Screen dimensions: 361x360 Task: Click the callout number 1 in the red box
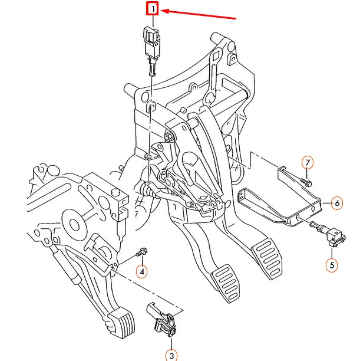point(153,9)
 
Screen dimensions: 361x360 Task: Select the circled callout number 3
point(171,355)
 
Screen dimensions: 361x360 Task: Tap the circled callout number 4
point(142,271)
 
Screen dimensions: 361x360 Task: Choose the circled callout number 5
point(332,265)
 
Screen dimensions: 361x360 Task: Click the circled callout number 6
point(337,203)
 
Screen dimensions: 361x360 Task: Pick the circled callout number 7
point(308,162)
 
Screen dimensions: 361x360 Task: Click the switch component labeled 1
point(151,40)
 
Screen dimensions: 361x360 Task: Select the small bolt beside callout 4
point(141,253)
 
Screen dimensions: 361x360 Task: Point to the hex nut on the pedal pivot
point(170,137)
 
